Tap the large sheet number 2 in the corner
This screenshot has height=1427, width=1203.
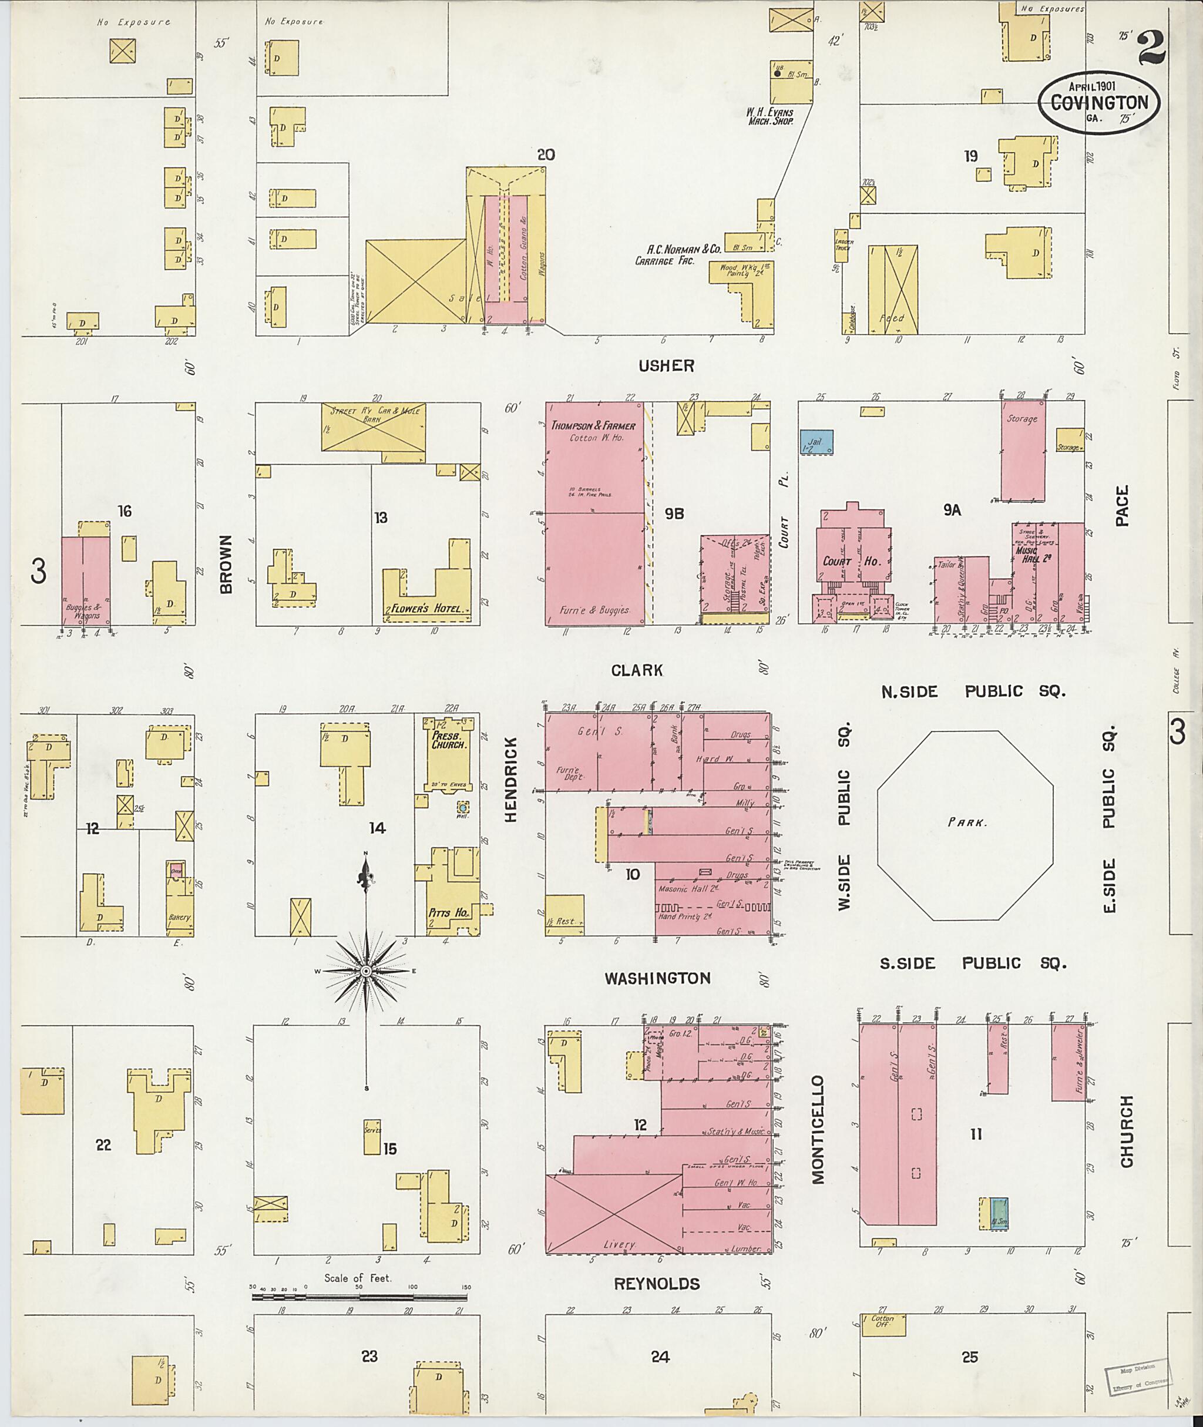point(1151,48)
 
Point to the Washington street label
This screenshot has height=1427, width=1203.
point(658,978)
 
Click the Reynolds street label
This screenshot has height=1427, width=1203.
point(657,1284)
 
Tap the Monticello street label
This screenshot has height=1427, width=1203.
point(818,1129)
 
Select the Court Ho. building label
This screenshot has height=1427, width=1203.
point(852,562)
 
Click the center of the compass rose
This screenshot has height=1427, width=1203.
point(366,970)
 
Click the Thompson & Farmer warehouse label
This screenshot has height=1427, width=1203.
point(593,426)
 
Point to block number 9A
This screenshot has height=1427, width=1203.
point(952,509)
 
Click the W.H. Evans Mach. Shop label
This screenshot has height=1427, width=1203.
point(769,115)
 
